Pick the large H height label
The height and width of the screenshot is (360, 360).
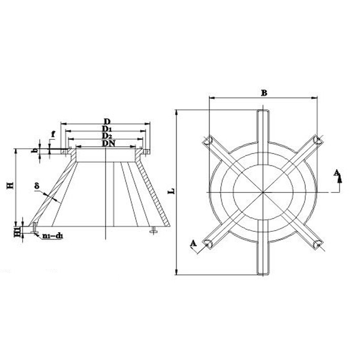point(10,187)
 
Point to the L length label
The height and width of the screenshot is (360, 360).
point(171,191)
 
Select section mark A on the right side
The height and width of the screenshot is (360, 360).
point(337,173)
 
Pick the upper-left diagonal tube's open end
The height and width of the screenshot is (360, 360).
point(206,140)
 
